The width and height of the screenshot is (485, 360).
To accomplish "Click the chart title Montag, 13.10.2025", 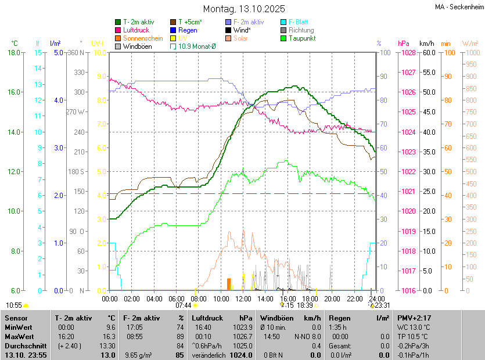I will [x=244, y=9].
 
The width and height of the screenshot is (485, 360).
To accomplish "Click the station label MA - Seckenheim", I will [x=459, y=6].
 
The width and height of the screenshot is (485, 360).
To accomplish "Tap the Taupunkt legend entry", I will [x=301, y=38].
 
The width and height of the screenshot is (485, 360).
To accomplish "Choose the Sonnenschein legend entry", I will [x=143, y=38].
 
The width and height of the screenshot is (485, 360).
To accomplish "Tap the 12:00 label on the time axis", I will [x=243, y=298].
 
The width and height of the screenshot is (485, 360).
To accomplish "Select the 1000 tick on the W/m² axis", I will [x=470, y=53].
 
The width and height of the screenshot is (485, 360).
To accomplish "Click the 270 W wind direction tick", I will [x=76, y=112].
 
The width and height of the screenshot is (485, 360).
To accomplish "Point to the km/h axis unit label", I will [x=427, y=44].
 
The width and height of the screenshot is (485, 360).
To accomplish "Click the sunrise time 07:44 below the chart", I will [x=184, y=305].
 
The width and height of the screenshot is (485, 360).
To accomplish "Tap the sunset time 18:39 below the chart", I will [x=305, y=305].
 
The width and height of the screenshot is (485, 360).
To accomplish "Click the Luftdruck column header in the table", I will [x=207, y=318].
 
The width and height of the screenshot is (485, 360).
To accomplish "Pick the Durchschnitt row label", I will [x=25, y=345].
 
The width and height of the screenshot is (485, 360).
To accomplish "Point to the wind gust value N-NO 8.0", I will [x=308, y=336].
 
